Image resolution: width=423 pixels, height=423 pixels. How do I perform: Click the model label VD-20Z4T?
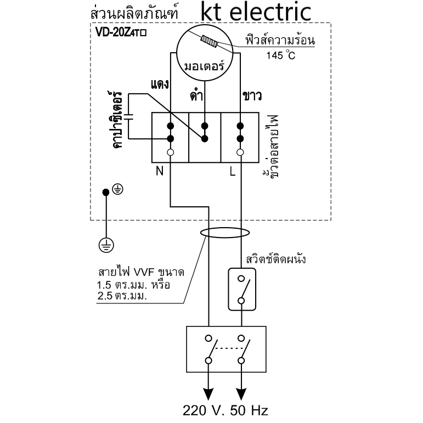click(121, 32)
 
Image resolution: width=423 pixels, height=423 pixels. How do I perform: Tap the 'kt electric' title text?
click(256, 12)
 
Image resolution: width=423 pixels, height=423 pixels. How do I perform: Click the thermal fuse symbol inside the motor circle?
click(209, 42)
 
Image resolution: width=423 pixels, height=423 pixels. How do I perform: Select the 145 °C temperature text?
click(281, 55)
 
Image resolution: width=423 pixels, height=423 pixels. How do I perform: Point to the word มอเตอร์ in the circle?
click(204, 65)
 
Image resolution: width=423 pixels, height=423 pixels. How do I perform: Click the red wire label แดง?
click(160, 84)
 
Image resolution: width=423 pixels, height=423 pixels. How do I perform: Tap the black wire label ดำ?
click(196, 95)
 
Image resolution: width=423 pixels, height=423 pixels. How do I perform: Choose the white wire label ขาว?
click(252, 96)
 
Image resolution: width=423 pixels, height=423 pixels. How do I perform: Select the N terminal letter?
click(160, 171)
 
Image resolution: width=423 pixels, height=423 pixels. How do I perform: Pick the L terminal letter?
click(233, 171)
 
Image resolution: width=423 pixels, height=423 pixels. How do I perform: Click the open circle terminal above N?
click(170, 153)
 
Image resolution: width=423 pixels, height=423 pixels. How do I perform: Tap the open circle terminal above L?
click(240, 153)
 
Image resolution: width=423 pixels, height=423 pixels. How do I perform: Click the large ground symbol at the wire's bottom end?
click(106, 245)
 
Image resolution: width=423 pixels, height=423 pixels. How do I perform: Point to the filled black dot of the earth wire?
click(106, 193)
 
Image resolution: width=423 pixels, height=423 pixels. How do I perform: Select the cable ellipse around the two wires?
click(225, 228)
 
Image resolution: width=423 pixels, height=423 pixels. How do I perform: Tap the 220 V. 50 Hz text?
click(225, 410)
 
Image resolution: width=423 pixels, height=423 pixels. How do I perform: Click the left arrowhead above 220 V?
click(208, 394)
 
